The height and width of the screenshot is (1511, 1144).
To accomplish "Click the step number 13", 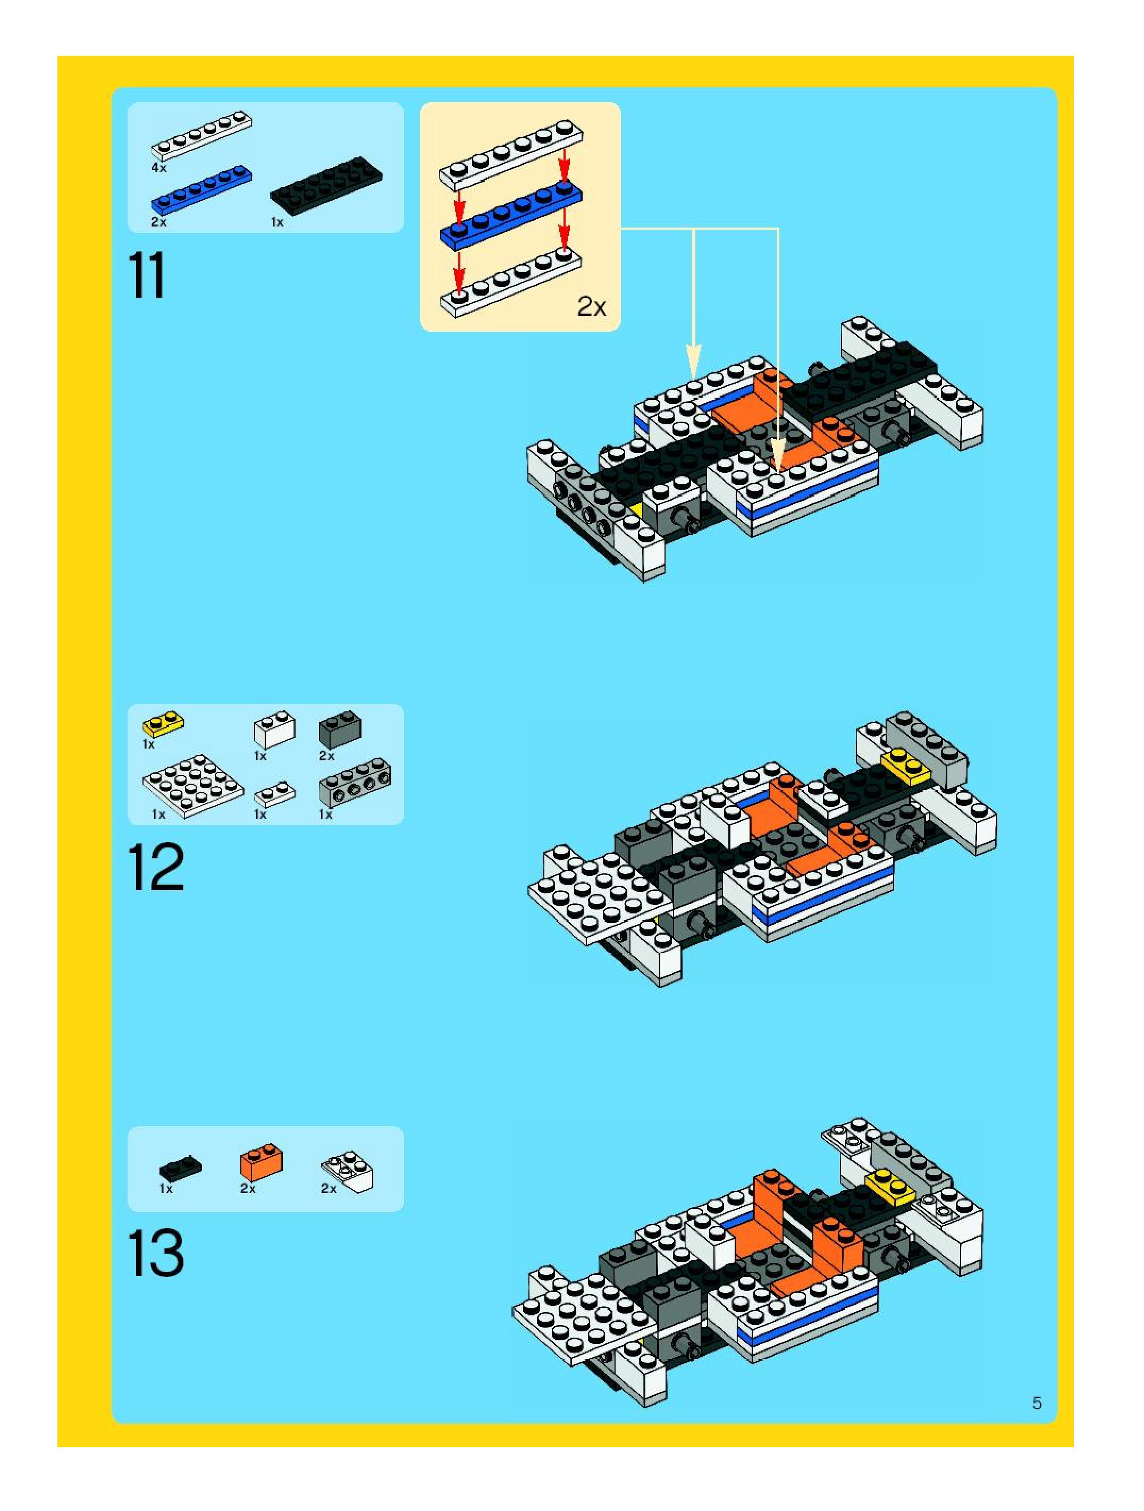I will tap(156, 1252).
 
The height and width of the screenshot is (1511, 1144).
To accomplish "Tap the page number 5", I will tap(1037, 1403).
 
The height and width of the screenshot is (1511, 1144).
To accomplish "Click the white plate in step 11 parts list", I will tap(201, 136).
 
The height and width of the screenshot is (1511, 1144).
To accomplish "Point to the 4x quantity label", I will tap(158, 168).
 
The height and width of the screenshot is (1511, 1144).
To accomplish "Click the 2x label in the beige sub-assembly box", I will tap(592, 307).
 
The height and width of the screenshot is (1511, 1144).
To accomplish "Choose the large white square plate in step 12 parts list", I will tap(194, 786).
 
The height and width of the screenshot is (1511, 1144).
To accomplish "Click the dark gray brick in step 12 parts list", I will tap(340, 729).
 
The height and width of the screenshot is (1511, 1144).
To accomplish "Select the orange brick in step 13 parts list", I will tap(261, 1163).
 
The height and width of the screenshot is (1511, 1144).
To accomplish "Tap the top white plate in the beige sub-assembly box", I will tap(511, 155).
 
